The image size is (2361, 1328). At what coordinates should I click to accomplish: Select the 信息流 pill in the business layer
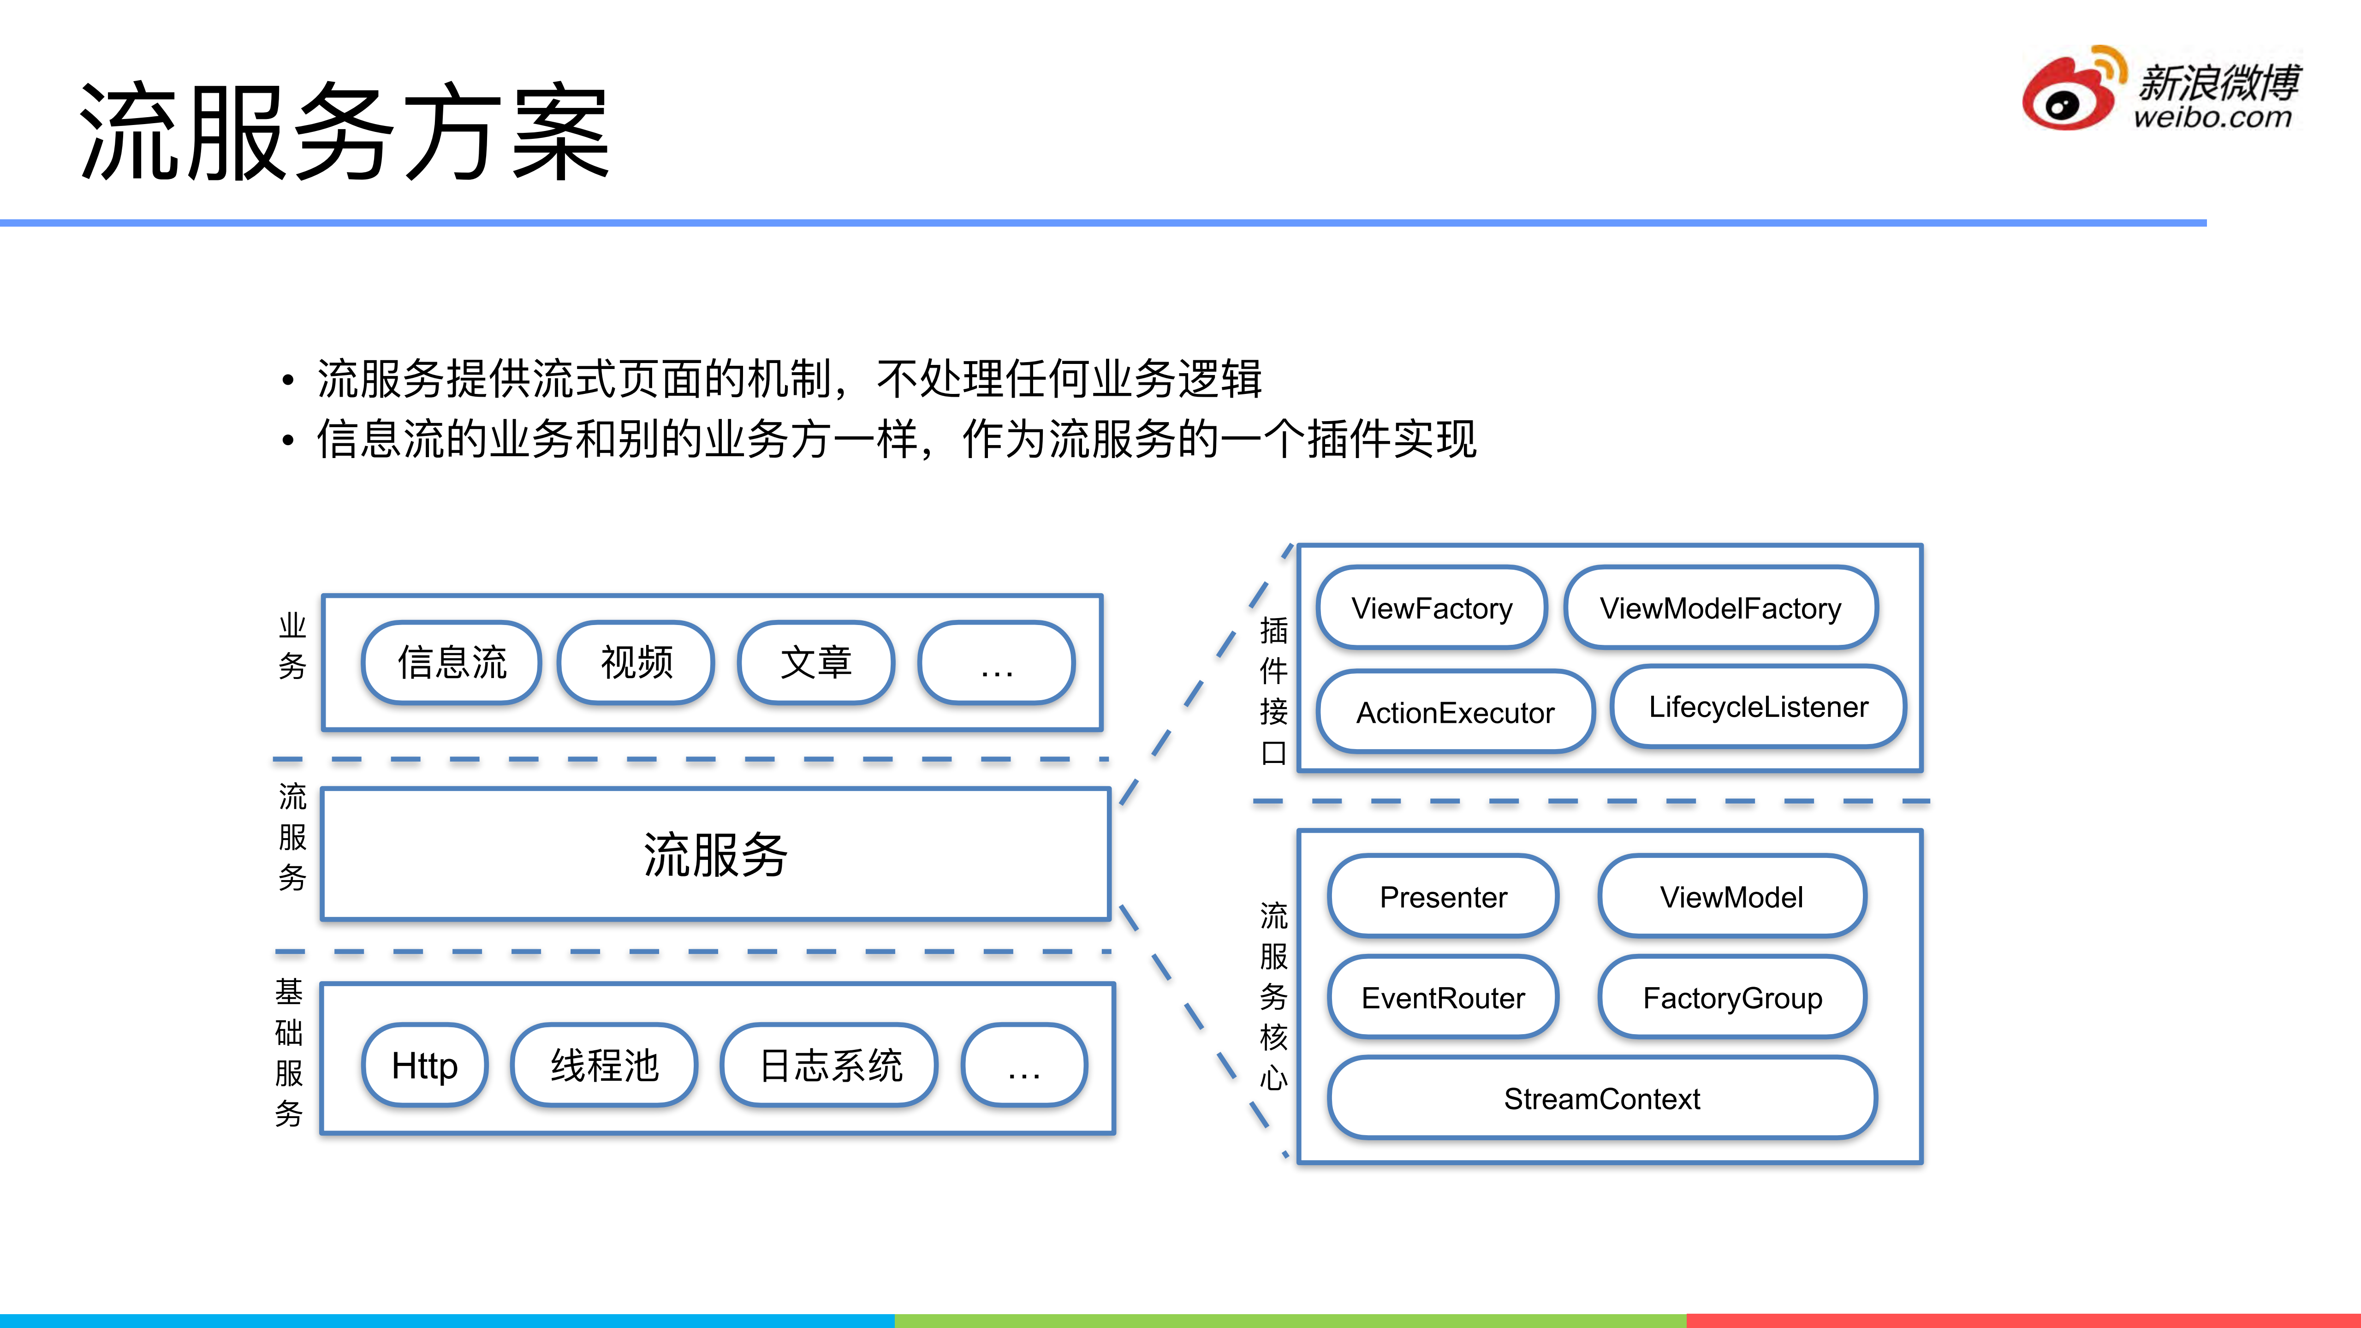tap(451, 662)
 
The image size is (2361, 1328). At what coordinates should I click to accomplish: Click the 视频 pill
tap(636, 662)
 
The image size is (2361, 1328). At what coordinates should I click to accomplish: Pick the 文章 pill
tap(816, 662)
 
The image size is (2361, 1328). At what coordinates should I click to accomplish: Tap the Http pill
tap(424, 1065)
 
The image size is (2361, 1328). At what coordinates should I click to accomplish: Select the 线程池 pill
tap(604, 1065)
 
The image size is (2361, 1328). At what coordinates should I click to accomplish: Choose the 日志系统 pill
tap(829, 1065)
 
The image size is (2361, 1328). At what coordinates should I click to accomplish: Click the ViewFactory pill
tap(1432, 607)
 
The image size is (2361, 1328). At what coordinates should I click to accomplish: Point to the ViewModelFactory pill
tap(1720, 607)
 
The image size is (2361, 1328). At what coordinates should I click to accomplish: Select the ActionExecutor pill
tap(1456, 712)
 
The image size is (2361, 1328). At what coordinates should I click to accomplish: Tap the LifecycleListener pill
tap(1758, 707)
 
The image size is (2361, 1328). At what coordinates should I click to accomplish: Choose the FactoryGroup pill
tap(1732, 997)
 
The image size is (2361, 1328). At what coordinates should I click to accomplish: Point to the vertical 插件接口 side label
tap(1273, 691)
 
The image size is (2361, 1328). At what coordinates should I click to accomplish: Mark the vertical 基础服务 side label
tap(289, 1052)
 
